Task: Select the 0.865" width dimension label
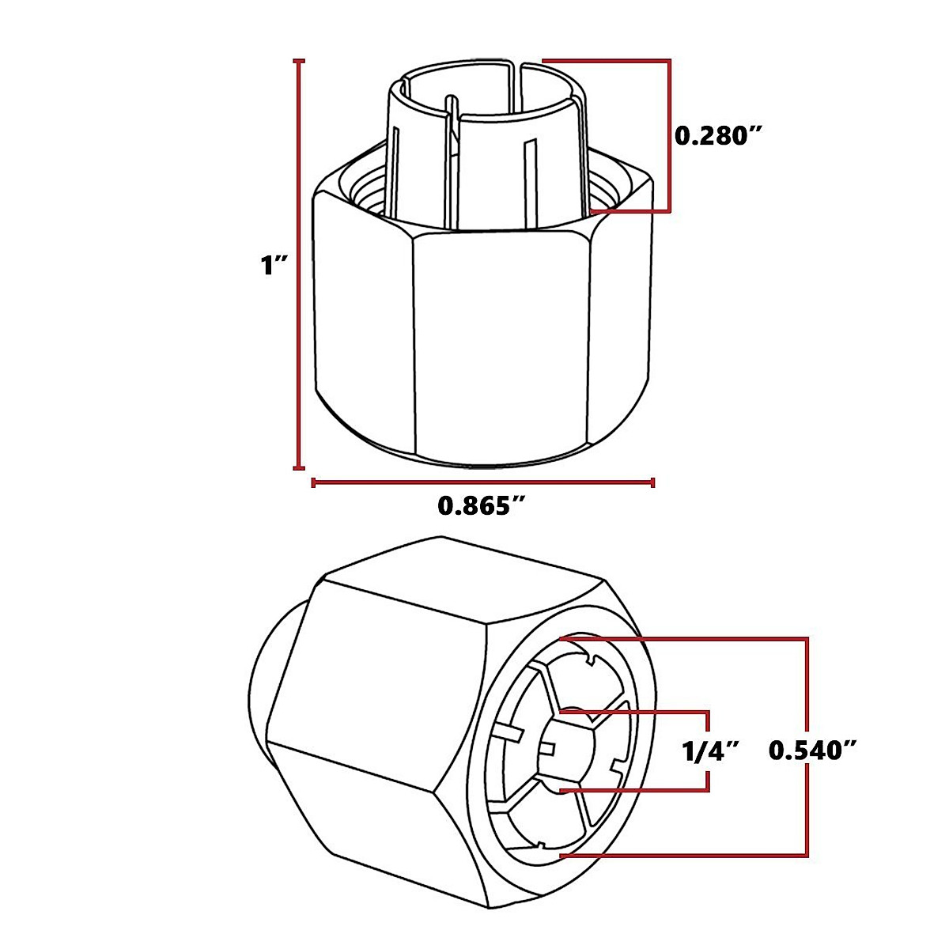coord(482,505)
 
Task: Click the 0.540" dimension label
coord(815,751)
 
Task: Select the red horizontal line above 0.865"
coord(482,482)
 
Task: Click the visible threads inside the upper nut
coord(368,194)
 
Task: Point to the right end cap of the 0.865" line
coord(652,482)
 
